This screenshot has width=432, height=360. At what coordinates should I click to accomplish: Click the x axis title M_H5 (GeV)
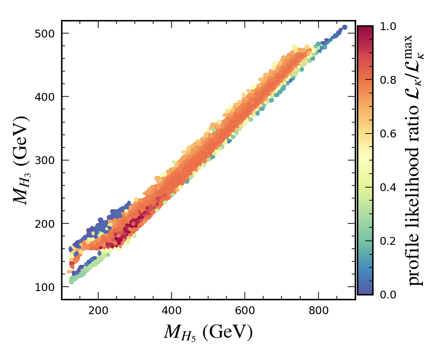(x=208, y=333)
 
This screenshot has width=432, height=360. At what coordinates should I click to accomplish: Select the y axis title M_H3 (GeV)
(x=21, y=160)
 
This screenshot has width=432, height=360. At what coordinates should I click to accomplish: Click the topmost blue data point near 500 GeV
(x=344, y=27)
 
